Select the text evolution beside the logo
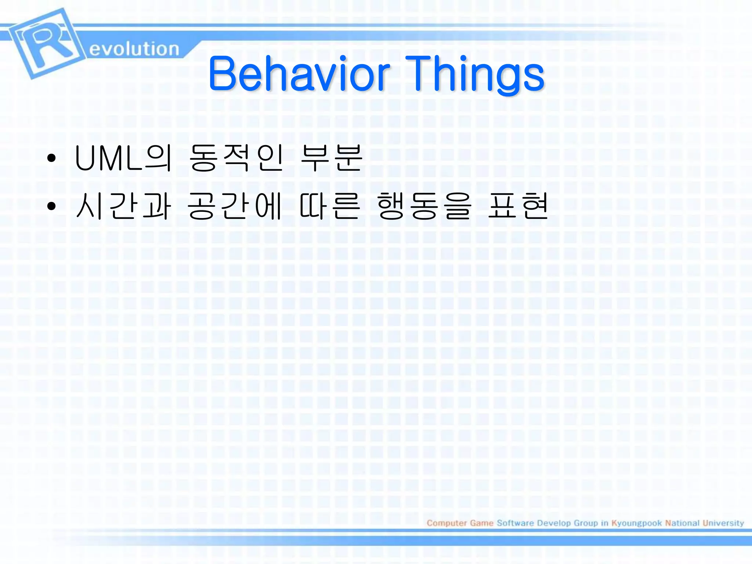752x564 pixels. click(134, 49)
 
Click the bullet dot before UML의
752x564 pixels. click(51, 158)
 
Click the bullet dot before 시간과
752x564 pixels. click(51, 206)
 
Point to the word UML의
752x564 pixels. click(123, 158)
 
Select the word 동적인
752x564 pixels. click(236, 158)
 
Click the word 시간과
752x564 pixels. click(123, 206)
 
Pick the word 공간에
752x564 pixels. click(235, 206)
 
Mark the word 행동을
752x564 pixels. click(424, 206)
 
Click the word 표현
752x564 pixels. click(518, 206)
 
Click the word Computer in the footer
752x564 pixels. click(446, 523)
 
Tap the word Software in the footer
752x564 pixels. click(515, 523)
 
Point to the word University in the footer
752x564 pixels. click(723, 523)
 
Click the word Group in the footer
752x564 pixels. click(586, 523)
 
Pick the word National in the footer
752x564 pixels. click(682, 523)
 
